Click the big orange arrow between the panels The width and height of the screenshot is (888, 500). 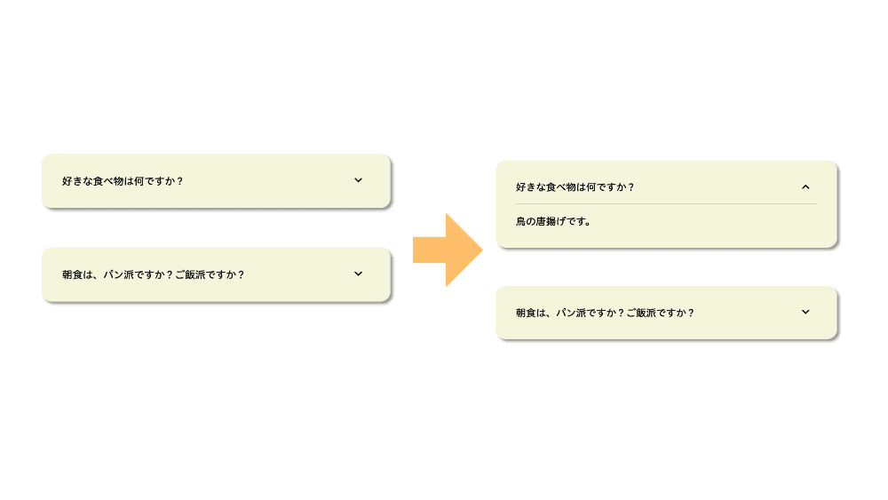448,250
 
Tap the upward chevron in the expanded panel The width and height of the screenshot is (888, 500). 805,187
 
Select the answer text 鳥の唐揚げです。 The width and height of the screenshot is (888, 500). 553,221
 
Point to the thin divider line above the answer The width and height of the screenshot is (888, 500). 666,203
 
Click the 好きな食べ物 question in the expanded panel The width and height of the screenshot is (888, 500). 575,187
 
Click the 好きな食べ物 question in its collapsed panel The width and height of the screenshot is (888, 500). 123,181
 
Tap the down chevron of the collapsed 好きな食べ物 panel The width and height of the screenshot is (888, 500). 358,180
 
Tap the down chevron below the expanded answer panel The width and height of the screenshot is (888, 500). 805,312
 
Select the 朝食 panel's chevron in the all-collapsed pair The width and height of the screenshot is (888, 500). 358,274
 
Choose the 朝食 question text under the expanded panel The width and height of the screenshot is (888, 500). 605,313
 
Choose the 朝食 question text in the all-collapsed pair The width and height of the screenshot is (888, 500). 153,274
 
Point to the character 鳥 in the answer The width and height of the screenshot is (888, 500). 520,221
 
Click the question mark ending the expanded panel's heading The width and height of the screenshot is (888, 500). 630,187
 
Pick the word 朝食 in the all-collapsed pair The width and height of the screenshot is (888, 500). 72,274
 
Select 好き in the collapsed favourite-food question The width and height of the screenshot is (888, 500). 72,181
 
